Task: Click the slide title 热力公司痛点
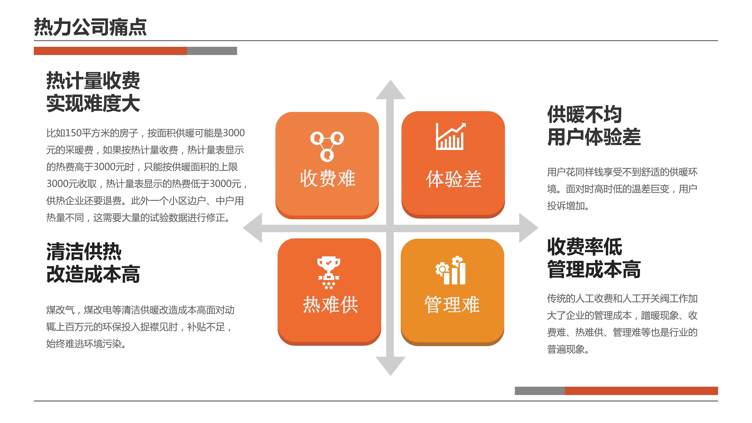(x=90, y=27)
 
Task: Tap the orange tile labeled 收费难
(x=327, y=165)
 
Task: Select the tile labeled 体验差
(x=453, y=165)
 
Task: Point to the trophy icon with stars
(x=329, y=273)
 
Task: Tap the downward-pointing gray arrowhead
(x=390, y=366)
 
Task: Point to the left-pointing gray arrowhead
(x=252, y=228)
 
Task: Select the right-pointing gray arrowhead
(x=529, y=228)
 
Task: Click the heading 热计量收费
(x=93, y=81)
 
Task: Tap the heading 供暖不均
(x=584, y=114)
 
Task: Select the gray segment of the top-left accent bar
(x=212, y=51)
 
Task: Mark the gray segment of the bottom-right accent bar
(x=540, y=391)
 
